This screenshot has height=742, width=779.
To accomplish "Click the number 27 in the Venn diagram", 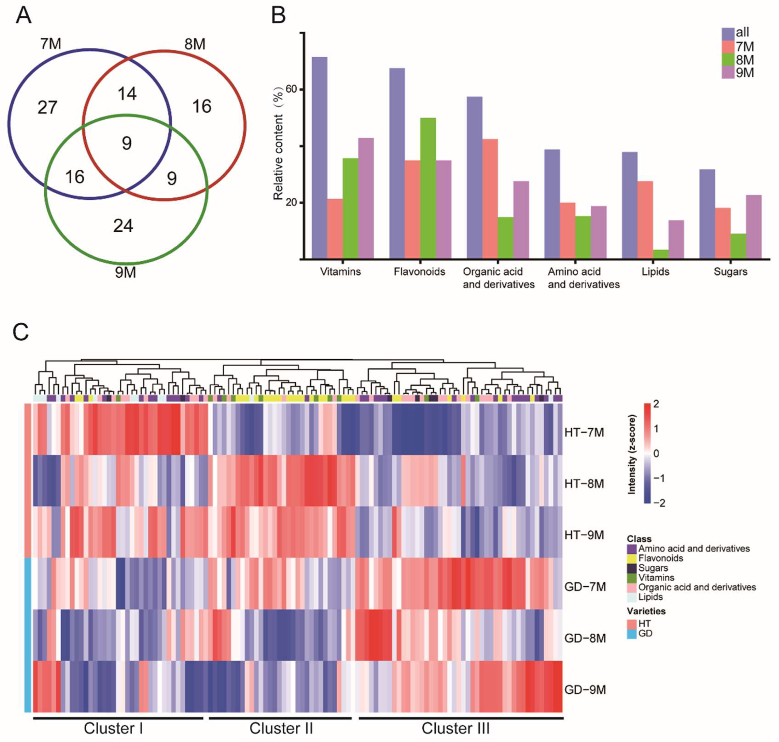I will coord(48,108).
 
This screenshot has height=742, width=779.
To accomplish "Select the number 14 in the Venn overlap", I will coord(127,94).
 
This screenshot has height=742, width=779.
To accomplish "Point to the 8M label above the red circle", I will coord(195,44).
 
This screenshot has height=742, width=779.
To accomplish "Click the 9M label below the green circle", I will coord(125,272).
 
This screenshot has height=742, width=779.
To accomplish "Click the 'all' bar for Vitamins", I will coord(319,158).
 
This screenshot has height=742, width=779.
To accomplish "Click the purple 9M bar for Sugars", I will coord(753,227).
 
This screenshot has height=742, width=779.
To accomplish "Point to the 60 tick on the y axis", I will coord(291,90).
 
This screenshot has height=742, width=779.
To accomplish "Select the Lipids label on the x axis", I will coord(656,272).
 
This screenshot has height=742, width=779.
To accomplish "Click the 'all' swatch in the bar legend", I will coord(728,33).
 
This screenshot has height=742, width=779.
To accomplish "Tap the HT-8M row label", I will coord(584,484).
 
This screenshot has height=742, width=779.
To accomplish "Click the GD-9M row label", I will coord(585,690).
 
